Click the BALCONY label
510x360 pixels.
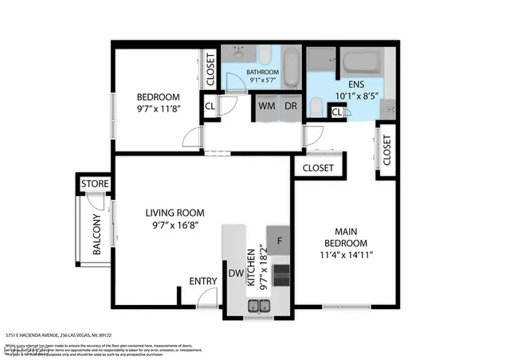coord(96,235)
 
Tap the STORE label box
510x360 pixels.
coord(95,184)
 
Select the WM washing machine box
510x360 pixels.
coord(265,106)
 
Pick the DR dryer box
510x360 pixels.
coord(290,106)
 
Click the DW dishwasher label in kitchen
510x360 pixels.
coord(236,273)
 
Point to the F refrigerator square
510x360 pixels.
coord(279,241)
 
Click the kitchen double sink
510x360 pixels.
coord(258,306)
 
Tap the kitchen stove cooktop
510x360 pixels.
coord(281,275)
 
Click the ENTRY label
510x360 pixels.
coord(203,280)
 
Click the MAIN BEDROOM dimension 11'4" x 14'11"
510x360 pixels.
coord(345,255)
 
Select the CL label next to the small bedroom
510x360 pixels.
coord(210,106)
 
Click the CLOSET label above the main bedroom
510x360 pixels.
coord(318,168)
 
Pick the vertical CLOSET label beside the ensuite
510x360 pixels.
coord(386,150)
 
